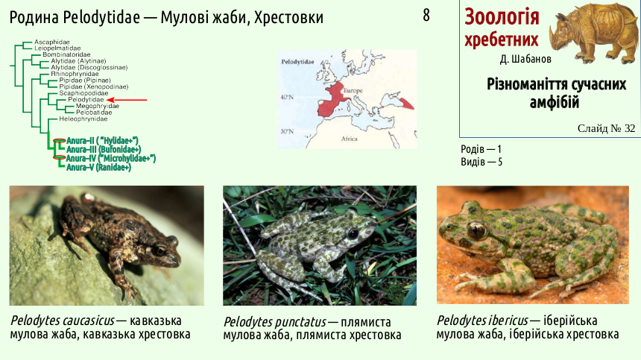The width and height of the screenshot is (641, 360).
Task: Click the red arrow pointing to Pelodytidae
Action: tap(126, 100)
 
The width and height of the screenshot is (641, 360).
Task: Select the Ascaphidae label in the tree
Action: tap(52, 42)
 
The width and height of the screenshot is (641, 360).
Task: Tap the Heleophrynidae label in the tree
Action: tap(83, 119)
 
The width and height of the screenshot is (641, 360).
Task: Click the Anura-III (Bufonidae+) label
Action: tap(104, 150)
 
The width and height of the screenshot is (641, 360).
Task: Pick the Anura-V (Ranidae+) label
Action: tap(98, 167)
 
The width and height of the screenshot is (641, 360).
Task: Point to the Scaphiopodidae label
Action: tap(83, 93)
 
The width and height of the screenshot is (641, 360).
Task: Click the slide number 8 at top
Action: tap(426, 16)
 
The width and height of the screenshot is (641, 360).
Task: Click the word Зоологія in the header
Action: tap(502, 16)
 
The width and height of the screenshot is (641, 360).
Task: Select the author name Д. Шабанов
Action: tap(525, 59)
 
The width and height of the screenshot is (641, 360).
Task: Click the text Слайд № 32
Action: tap(606, 128)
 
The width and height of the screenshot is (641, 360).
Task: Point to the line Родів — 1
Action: tap(481, 149)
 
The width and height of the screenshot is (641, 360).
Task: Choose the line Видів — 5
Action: tap(481, 162)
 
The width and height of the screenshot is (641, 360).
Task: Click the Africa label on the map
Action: tap(350, 139)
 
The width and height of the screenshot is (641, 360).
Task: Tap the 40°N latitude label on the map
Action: tap(287, 97)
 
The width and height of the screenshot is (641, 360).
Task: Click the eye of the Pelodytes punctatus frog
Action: tap(353, 234)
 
